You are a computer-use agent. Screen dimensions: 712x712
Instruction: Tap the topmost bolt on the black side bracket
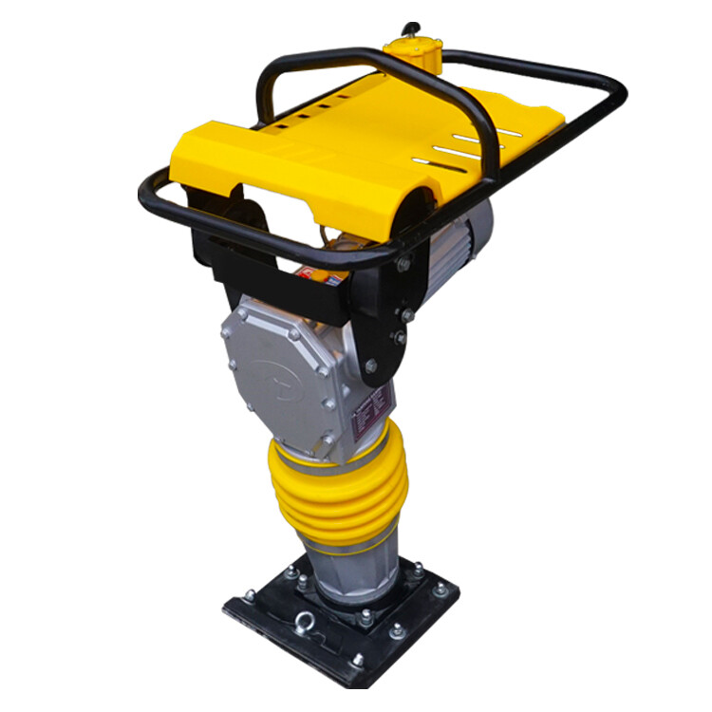[404, 265]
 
